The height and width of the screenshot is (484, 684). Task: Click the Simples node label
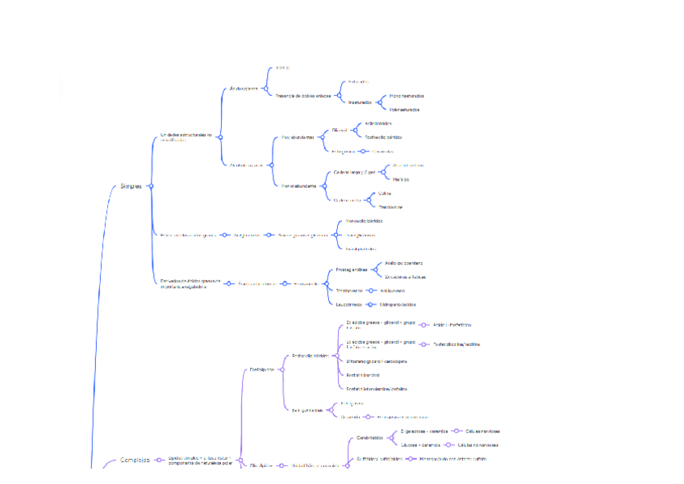point(131,186)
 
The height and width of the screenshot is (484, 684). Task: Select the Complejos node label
point(135,460)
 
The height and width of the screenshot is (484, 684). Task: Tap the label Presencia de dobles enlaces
point(302,95)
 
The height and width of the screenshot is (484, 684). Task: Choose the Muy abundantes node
point(297,137)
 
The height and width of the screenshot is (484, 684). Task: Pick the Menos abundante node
point(298,186)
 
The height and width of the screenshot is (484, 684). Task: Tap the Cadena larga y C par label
point(354,173)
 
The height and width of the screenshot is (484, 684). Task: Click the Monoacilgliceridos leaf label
point(364,220)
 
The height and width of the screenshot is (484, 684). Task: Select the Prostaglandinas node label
point(351,269)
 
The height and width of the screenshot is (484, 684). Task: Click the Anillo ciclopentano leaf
point(404,263)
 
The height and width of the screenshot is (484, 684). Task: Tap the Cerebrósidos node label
point(370,438)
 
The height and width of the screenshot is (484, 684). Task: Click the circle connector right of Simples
point(151,186)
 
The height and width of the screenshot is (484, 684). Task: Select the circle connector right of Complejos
point(159,460)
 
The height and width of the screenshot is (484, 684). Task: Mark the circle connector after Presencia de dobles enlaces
point(336,95)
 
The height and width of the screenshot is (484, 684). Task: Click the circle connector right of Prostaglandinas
point(375,269)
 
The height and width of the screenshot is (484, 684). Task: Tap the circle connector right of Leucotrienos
point(369,304)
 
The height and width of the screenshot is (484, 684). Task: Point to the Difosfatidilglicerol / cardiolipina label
point(376,361)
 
